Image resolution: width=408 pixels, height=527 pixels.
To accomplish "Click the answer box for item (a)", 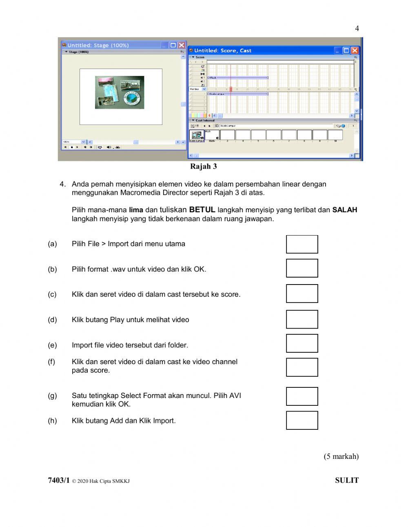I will point(302,244).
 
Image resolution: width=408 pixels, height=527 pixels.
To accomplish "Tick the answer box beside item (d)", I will point(302,319).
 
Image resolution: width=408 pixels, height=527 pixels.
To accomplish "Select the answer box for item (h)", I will point(302,420).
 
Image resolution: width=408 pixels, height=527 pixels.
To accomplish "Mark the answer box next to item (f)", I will point(302,367).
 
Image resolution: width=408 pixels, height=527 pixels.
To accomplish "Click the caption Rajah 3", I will point(204,167).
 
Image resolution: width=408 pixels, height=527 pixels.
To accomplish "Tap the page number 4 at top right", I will point(357,29).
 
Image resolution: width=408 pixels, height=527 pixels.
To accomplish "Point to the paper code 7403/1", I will point(59,480).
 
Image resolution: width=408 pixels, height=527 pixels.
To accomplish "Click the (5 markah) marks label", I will point(341,456).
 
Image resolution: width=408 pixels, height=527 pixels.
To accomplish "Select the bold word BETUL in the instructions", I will point(202,210).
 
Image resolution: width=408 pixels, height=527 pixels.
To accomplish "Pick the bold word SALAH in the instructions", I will point(344,210).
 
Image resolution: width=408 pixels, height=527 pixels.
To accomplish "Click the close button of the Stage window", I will point(182,45).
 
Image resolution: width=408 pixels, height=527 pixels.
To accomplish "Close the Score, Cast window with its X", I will point(355,51).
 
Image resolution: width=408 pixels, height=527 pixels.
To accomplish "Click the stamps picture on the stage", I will point(120,92).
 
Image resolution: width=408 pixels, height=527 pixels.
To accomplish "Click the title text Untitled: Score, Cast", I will point(223,51).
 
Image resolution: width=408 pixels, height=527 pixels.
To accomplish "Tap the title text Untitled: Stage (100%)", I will point(98,45).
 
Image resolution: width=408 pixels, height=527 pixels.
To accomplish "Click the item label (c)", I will point(52,294).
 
